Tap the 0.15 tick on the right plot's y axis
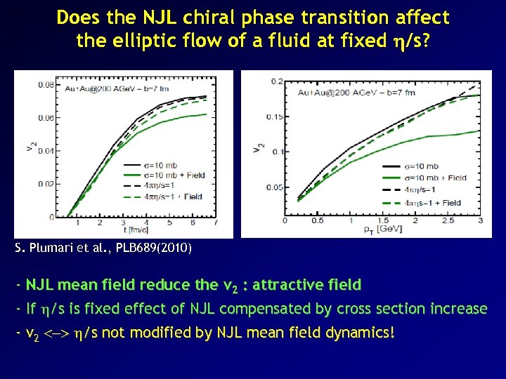point(274,117)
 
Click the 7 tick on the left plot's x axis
point(215,223)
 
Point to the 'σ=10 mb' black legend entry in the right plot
point(423,166)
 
